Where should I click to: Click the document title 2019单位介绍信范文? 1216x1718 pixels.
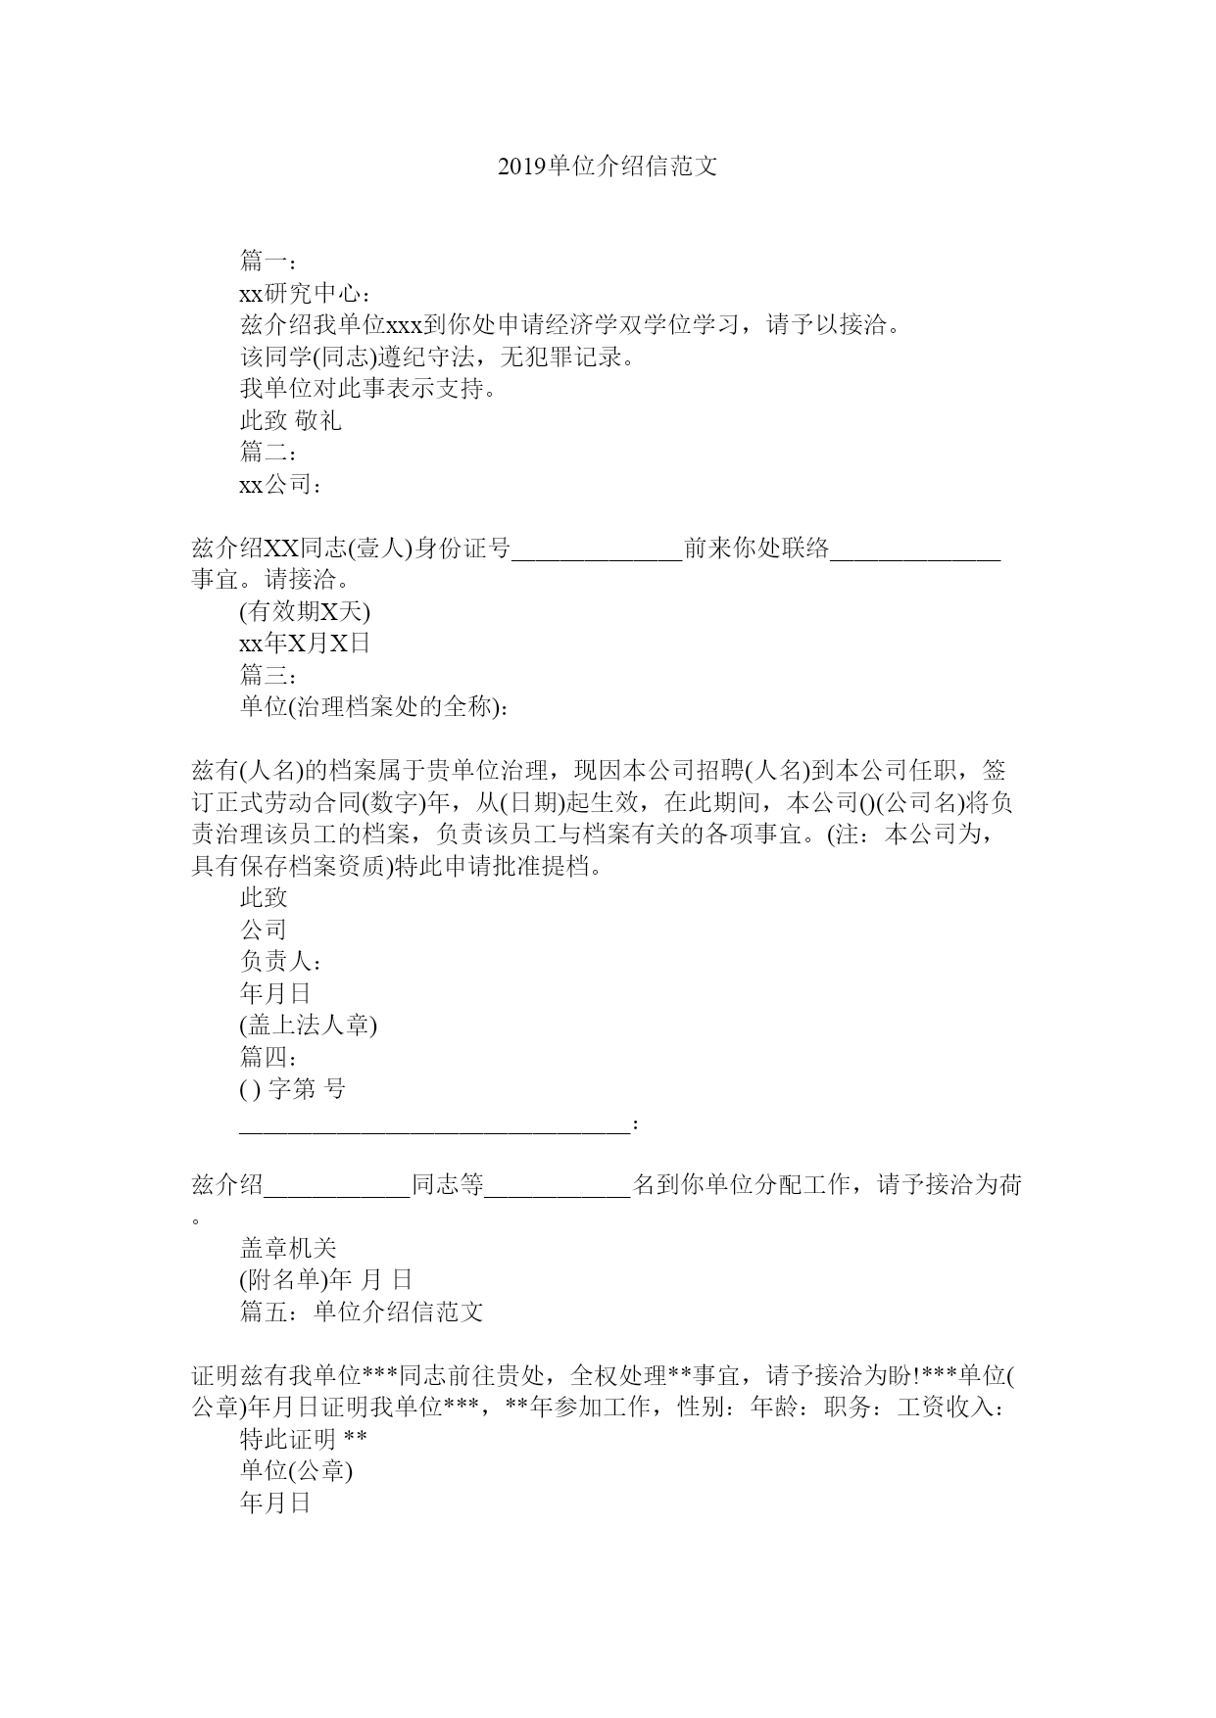608,167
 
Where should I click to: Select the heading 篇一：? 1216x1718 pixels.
268,261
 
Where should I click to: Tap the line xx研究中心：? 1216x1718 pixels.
305,293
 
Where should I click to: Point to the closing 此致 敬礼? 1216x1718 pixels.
291,421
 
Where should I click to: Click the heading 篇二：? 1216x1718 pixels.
268,453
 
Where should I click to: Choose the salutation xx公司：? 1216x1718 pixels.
280,485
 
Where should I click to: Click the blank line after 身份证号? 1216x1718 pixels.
597,550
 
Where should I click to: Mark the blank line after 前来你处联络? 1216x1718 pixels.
915,550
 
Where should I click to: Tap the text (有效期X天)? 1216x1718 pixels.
305,612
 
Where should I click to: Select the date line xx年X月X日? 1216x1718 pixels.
305,644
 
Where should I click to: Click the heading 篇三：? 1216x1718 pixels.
268,675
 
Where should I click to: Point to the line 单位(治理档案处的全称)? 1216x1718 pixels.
374,707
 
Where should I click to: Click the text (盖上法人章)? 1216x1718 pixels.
309,1025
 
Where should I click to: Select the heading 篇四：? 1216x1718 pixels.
268,1057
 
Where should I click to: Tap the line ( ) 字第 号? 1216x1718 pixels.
293,1089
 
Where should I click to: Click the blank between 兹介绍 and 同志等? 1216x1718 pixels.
337,1187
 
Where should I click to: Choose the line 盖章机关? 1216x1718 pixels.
288,1248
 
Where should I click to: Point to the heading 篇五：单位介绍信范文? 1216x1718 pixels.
362,1312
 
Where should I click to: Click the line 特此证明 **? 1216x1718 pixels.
304,1439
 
